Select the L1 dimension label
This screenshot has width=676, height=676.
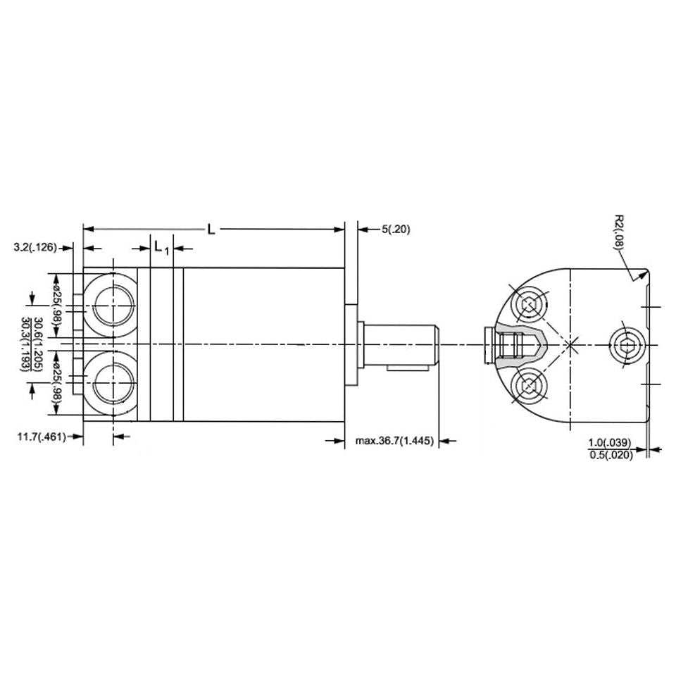tap(161, 248)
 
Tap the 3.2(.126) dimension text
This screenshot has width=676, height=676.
tap(36, 248)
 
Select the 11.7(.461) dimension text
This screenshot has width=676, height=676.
tap(42, 437)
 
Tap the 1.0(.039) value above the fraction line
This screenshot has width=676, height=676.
tap(611, 442)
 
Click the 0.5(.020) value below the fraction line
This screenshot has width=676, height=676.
tap(611, 455)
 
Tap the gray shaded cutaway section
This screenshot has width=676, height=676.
tap(518, 344)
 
